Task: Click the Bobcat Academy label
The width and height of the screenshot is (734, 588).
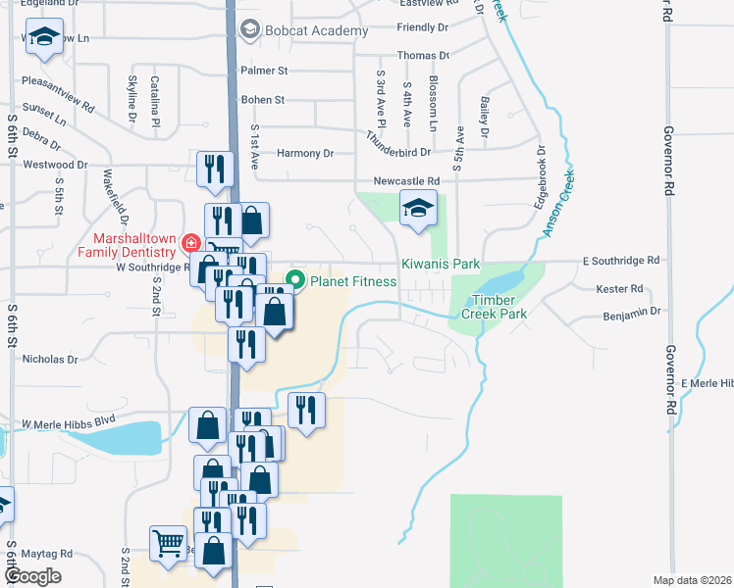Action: click(x=314, y=30)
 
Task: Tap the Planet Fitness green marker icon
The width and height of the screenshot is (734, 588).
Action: click(x=291, y=281)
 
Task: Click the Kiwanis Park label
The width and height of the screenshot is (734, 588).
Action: click(x=440, y=265)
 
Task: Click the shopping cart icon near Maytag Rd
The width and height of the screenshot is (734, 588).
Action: click(x=169, y=542)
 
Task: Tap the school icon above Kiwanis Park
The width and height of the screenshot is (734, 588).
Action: click(x=418, y=208)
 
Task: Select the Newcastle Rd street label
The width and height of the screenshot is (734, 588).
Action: click(x=406, y=181)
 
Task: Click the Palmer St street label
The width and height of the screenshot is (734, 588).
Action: click(x=264, y=71)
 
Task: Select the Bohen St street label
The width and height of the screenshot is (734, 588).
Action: click(x=263, y=100)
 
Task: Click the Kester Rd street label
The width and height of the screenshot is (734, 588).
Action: click(x=620, y=289)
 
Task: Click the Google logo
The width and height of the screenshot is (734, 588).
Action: click(x=31, y=576)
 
